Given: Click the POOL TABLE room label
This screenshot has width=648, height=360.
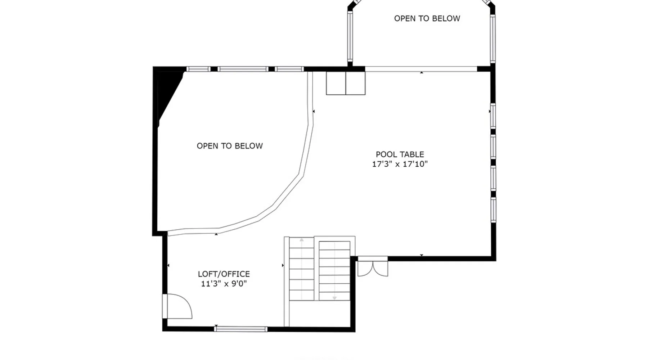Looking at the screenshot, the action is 400,154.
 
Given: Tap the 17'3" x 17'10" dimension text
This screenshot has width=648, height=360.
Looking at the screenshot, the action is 400,164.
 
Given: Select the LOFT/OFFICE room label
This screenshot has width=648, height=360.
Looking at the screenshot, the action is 224,274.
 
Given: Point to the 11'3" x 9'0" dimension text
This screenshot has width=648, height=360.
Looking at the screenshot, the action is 224,284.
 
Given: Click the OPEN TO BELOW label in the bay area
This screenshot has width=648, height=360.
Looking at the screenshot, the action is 427,18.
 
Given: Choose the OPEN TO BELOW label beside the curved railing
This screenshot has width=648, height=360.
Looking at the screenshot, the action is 230,146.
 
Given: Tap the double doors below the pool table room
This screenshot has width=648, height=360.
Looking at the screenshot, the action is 373,266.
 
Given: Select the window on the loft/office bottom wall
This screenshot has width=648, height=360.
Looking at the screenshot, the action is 241,329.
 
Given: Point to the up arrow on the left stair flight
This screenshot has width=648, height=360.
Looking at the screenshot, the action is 302,240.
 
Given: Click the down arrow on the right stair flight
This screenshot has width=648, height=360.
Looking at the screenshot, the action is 334,298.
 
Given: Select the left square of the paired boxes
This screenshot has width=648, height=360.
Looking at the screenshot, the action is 336,83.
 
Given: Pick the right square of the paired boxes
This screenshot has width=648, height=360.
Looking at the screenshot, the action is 356,83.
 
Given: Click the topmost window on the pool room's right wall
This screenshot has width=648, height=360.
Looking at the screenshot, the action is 493,116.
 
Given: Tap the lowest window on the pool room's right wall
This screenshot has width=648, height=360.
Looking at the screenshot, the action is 493,210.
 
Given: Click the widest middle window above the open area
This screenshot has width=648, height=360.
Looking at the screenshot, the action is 243,69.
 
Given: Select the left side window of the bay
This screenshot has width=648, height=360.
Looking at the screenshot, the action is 350,36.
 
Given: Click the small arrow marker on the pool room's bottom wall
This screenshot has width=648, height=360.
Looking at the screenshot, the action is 422,255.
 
